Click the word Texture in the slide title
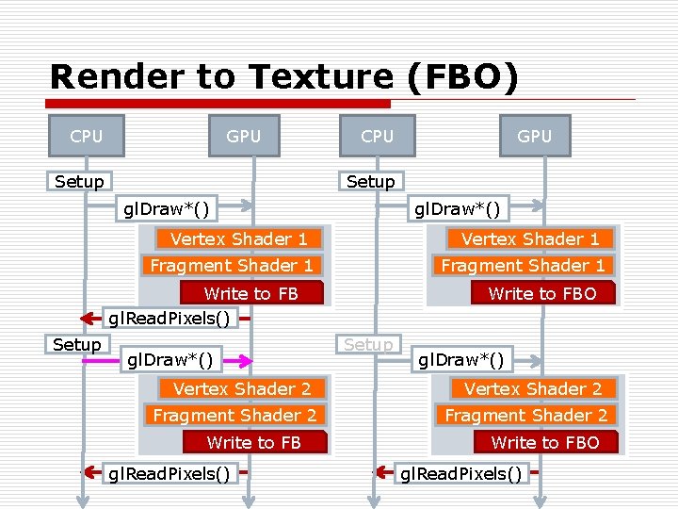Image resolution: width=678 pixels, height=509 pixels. [321, 76]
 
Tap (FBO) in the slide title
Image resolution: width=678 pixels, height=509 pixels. [462, 76]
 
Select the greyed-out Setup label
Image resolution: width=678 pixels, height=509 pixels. [368, 345]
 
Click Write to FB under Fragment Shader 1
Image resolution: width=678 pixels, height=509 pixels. [250, 294]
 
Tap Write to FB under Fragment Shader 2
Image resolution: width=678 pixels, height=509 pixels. [253, 442]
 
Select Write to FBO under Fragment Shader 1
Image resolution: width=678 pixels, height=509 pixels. [542, 294]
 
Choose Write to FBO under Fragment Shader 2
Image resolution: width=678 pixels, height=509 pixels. [545, 442]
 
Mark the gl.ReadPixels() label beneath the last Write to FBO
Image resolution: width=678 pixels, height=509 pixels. [460, 473]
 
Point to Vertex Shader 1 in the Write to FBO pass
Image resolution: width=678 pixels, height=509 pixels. [530, 238]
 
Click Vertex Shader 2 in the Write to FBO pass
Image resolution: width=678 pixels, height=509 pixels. [533, 388]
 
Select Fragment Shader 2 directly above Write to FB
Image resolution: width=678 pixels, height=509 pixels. [234, 415]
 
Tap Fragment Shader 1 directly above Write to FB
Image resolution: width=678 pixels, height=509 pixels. [232, 266]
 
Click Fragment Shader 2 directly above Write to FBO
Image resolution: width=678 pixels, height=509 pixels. [526, 415]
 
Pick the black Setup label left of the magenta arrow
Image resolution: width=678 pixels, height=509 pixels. [77, 345]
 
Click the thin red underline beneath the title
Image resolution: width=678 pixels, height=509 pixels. [513, 100]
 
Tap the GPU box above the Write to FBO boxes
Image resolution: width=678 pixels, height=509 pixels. [535, 137]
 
